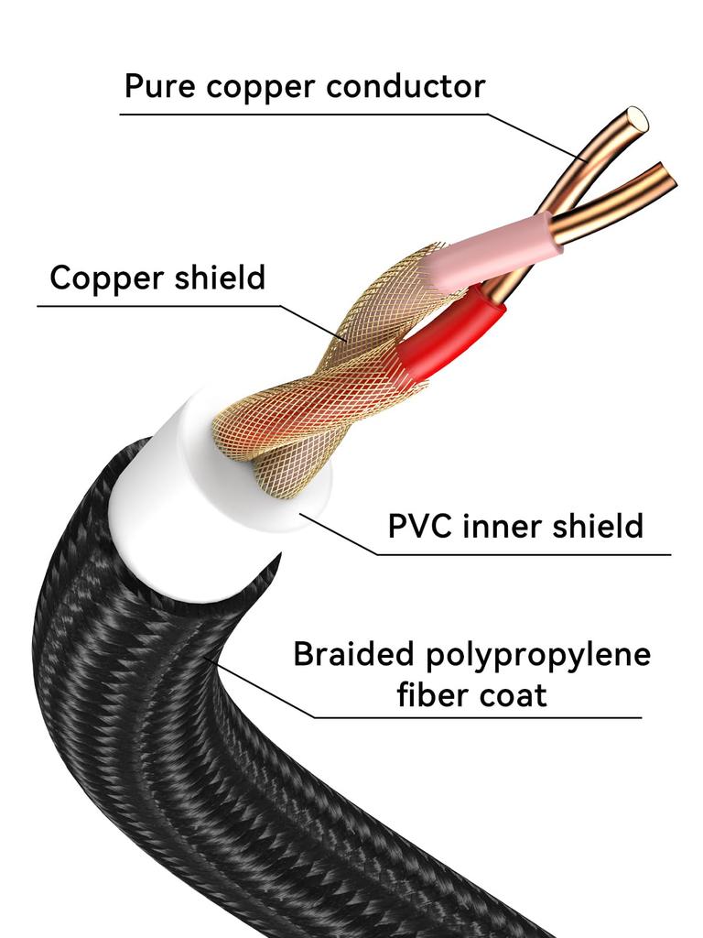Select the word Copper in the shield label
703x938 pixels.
click(x=102, y=277)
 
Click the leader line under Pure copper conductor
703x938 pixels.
click(x=302, y=115)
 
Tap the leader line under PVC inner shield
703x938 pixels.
click(x=522, y=554)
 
